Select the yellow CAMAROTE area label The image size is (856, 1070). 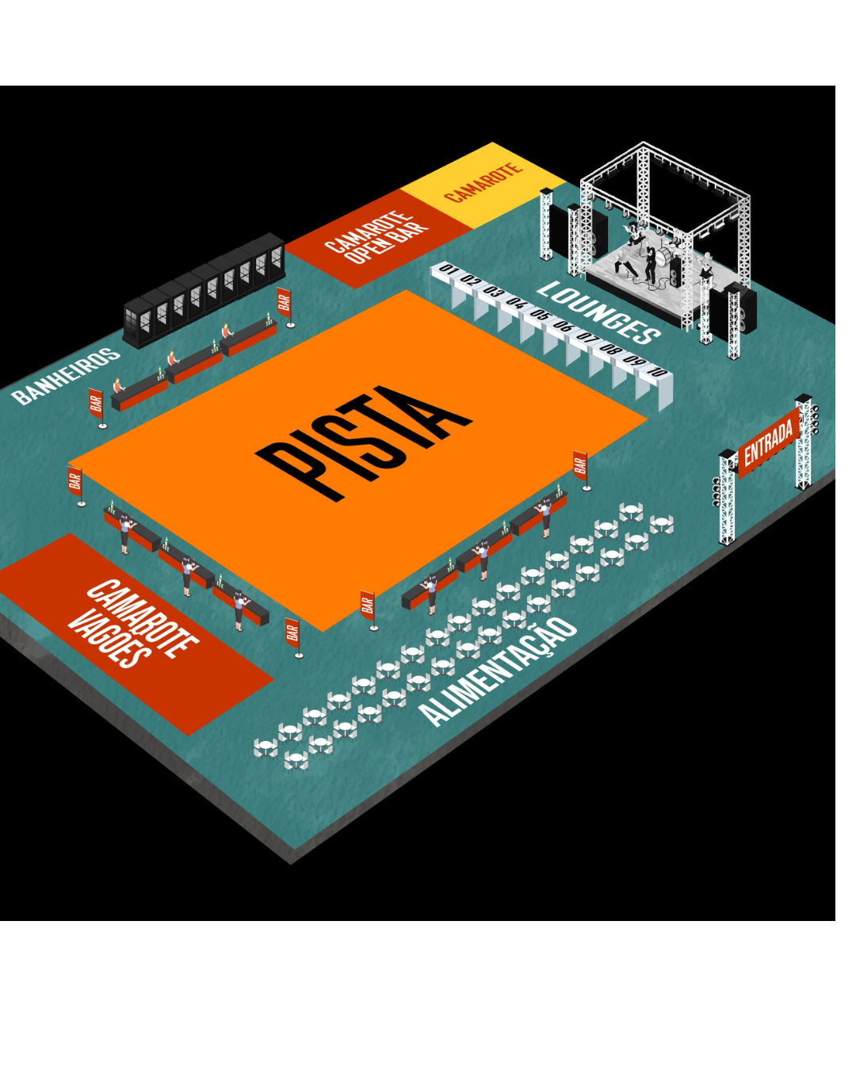[483, 182]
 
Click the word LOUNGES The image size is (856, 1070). [598, 313]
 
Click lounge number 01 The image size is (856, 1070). [448, 269]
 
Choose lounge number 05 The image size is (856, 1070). [539, 314]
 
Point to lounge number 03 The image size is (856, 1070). [493, 292]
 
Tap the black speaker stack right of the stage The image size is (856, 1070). [740, 308]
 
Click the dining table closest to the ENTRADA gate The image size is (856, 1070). [662, 524]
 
